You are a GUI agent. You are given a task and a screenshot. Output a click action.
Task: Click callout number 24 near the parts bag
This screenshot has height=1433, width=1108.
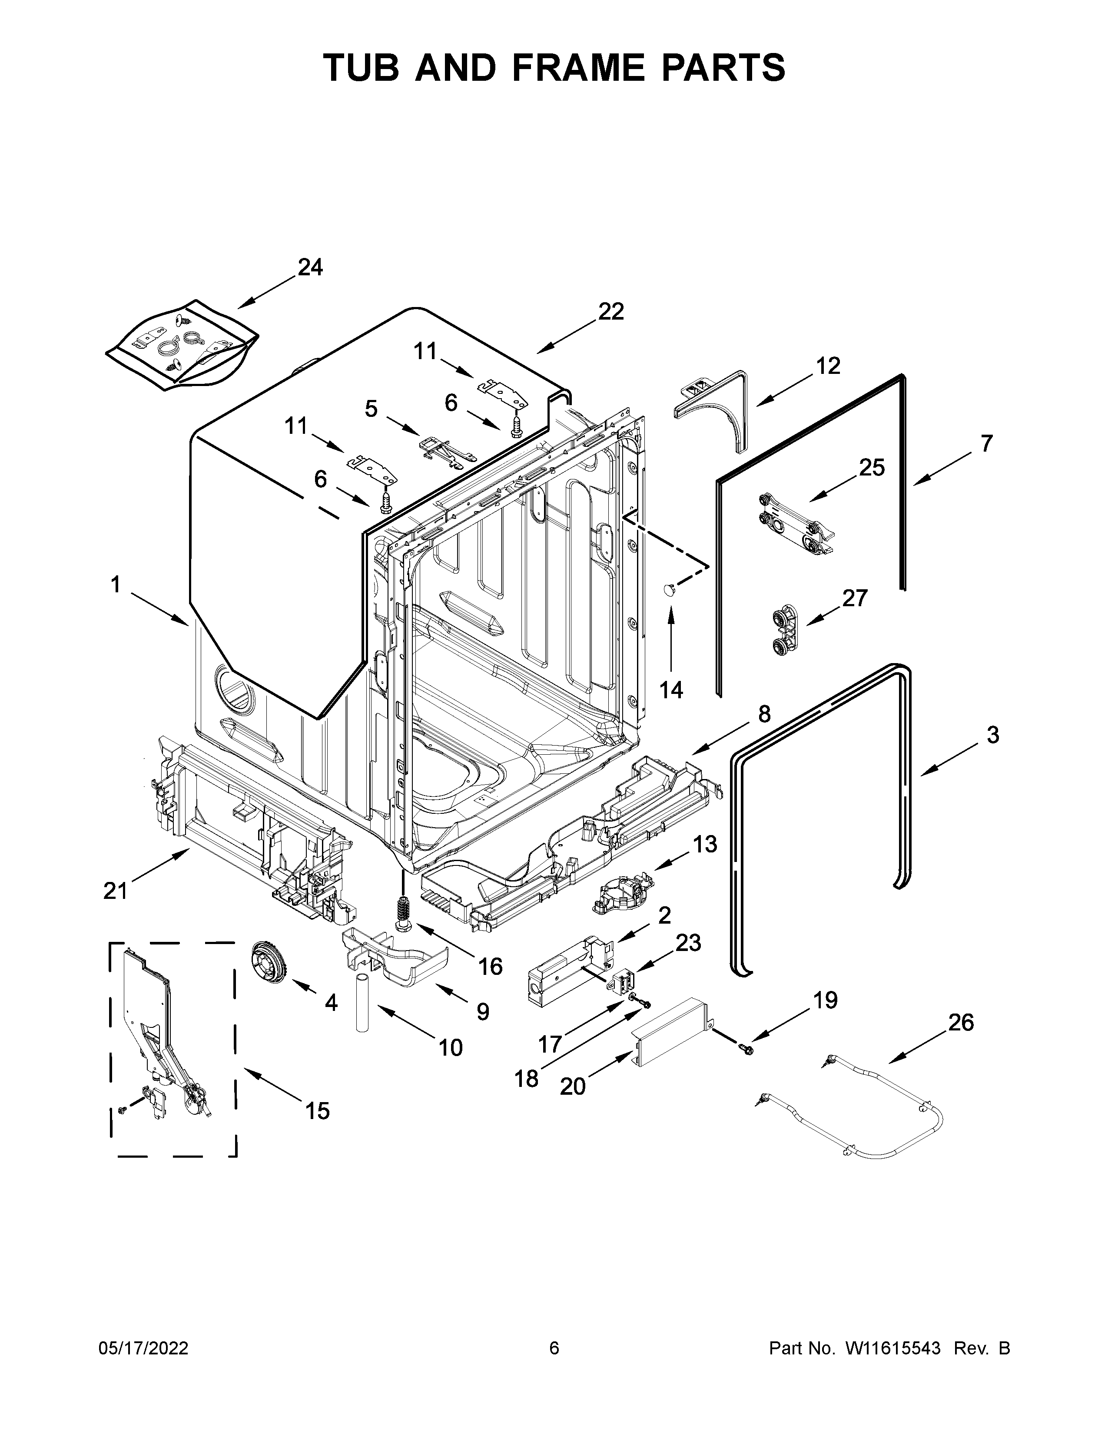pos(311,267)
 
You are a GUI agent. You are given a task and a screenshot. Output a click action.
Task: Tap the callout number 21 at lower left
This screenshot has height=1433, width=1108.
pos(116,890)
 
